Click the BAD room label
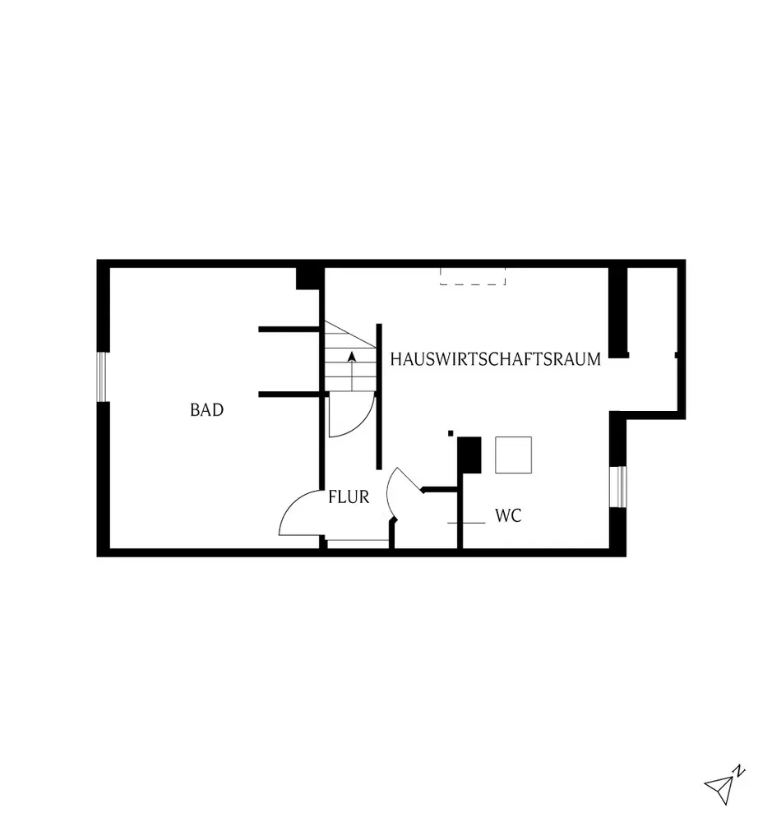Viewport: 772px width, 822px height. [x=206, y=409]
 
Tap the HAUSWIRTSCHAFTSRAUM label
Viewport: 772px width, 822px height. [x=496, y=359]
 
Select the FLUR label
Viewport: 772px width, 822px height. [x=348, y=496]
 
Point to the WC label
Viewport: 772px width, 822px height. [x=508, y=516]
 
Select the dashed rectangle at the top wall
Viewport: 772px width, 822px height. [x=472, y=277]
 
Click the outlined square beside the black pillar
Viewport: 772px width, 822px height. [x=513, y=455]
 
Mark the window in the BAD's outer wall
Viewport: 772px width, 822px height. [x=104, y=376]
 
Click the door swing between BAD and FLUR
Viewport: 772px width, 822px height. [x=300, y=514]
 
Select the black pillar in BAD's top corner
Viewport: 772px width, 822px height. [x=308, y=278]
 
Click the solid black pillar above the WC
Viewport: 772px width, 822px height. [x=469, y=455]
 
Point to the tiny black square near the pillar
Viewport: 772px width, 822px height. [x=451, y=432]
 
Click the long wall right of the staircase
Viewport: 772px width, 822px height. [x=379, y=396]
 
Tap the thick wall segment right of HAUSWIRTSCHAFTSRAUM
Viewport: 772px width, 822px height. [x=618, y=312]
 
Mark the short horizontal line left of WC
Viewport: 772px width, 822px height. [x=465, y=523]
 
